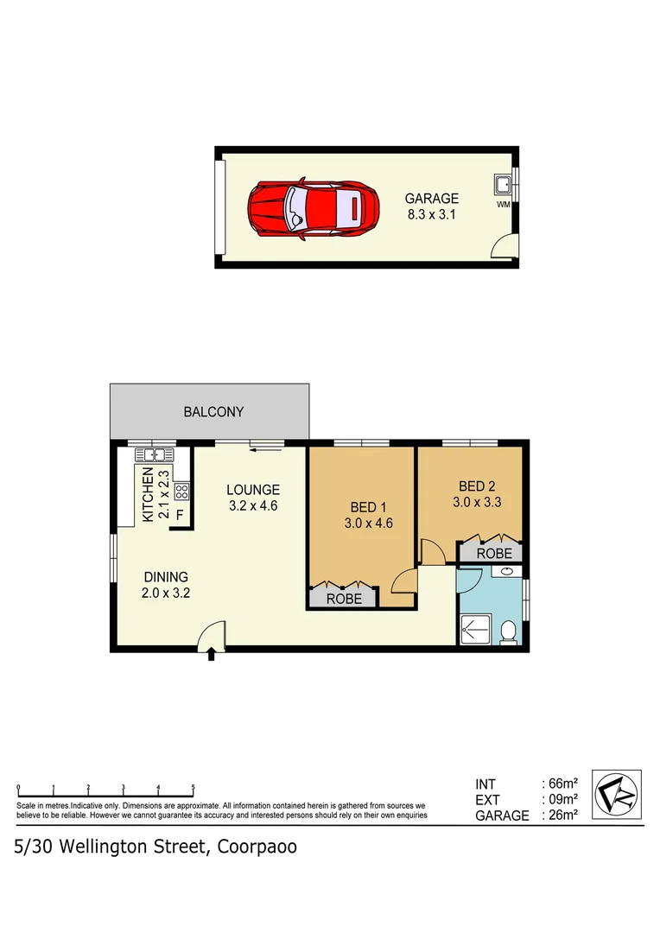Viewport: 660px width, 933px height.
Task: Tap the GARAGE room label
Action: (x=433, y=198)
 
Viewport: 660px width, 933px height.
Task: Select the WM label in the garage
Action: (x=503, y=205)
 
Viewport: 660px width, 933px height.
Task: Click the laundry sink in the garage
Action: (x=502, y=184)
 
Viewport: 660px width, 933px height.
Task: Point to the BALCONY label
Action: (x=213, y=412)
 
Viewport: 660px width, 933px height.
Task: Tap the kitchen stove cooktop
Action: (x=181, y=492)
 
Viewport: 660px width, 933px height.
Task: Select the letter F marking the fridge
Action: (x=180, y=515)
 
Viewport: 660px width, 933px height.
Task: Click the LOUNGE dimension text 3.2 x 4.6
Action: (x=253, y=506)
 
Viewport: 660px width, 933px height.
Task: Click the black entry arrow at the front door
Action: (x=212, y=657)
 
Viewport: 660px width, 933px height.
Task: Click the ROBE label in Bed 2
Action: (x=494, y=553)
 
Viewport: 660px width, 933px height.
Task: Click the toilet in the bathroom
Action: (x=510, y=632)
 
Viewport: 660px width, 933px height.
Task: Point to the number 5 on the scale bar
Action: (x=193, y=787)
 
